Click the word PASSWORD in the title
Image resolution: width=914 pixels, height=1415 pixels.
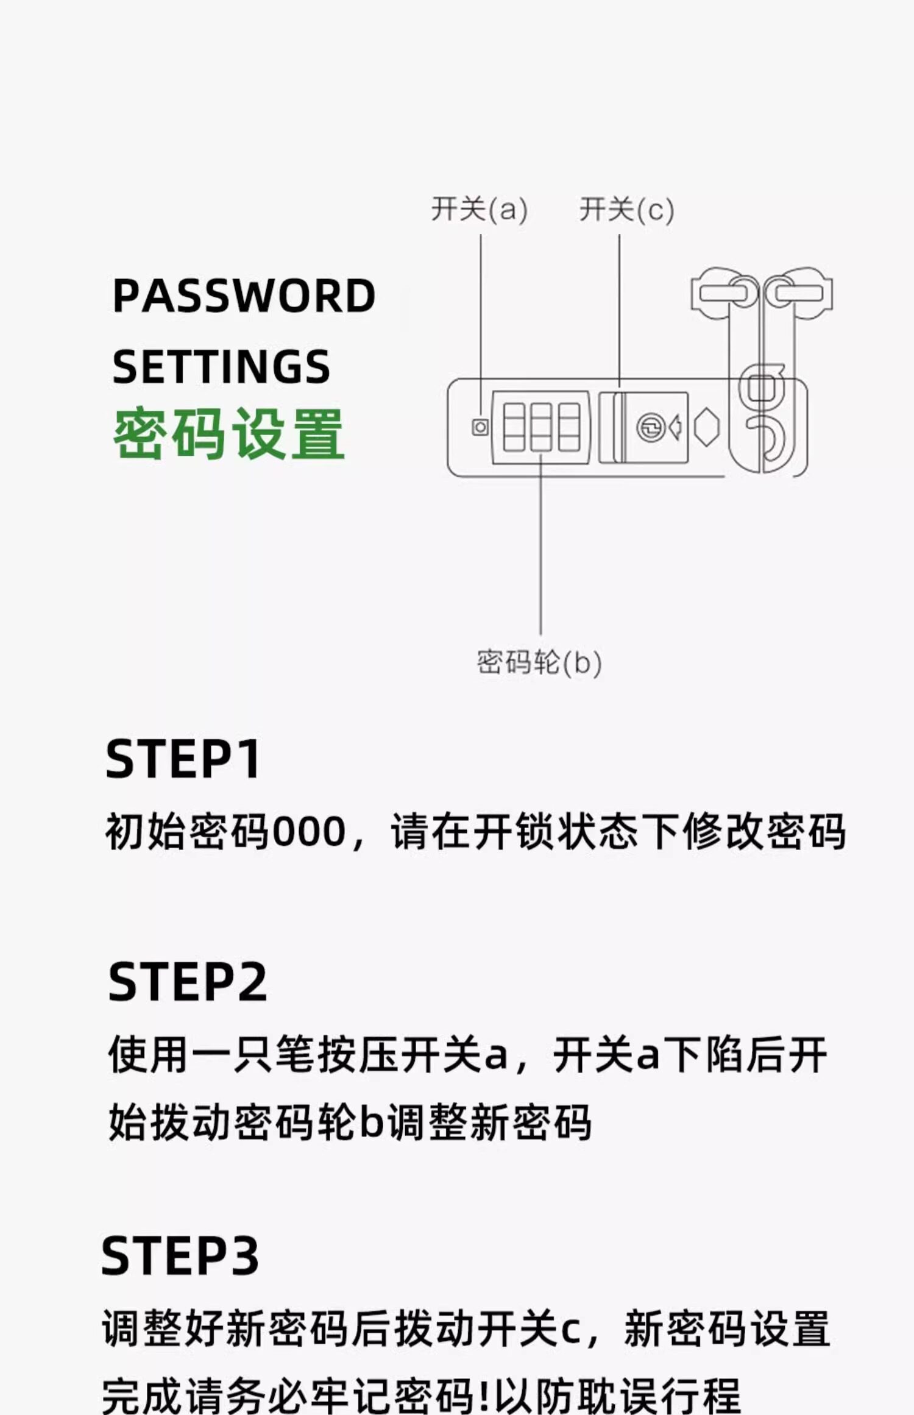point(244,296)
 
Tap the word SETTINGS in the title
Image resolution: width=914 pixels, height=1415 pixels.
point(221,367)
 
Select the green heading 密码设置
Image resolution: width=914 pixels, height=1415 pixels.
point(229,433)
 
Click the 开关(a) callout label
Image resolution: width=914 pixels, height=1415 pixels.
point(479,210)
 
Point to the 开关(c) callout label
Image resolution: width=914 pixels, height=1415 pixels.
point(626,210)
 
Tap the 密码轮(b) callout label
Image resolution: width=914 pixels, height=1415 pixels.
point(539,662)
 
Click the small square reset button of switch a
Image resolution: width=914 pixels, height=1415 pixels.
point(480,427)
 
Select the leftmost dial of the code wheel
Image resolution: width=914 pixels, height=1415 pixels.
point(514,427)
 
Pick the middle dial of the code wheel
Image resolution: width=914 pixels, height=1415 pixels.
point(541,427)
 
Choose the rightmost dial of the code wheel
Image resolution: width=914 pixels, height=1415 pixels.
point(569,427)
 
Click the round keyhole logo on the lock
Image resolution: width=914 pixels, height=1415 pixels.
point(650,427)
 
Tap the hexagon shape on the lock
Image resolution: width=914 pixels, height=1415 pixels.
point(706,427)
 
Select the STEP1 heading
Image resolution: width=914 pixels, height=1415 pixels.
point(183,759)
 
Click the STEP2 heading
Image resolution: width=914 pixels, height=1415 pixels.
point(188,982)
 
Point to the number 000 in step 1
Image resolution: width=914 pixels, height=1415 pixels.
point(309,832)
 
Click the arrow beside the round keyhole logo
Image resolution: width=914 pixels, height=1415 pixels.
point(675,427)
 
